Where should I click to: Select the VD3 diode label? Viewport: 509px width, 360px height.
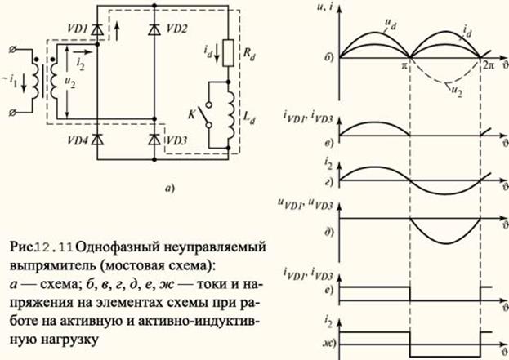click(x=177, y=140)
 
